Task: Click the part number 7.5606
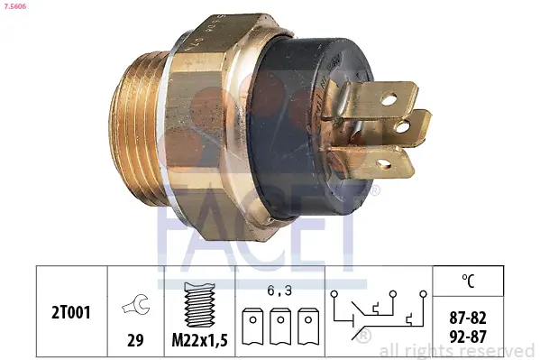pyautogui.click(x=17, y=7)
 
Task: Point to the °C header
pyautogui.click(x=468, y=279)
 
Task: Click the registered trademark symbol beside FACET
pyautogui.click(x=375, y=191)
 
